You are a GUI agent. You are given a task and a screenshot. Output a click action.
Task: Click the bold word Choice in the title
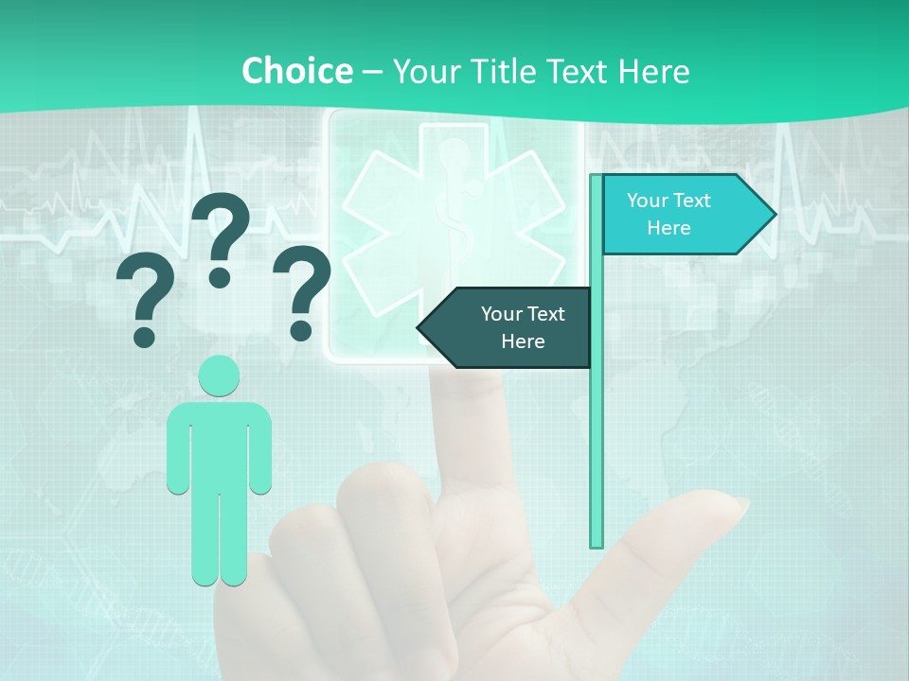296,71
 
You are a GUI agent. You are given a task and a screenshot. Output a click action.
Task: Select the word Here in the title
653,71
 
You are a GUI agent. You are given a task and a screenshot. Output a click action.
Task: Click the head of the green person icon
219,375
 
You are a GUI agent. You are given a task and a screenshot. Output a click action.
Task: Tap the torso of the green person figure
219,445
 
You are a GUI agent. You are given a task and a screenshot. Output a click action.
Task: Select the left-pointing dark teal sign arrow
511,327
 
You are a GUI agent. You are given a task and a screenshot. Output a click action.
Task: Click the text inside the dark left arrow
522,327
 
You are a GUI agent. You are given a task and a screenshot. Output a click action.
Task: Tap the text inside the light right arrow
668,214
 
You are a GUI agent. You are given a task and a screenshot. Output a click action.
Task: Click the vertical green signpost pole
597,426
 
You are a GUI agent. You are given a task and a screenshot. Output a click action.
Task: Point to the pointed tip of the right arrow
774,215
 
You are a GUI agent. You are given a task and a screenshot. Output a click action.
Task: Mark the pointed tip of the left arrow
420,327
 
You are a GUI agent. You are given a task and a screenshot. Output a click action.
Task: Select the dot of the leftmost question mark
144,336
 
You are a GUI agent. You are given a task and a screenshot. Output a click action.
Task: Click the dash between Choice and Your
372,72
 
